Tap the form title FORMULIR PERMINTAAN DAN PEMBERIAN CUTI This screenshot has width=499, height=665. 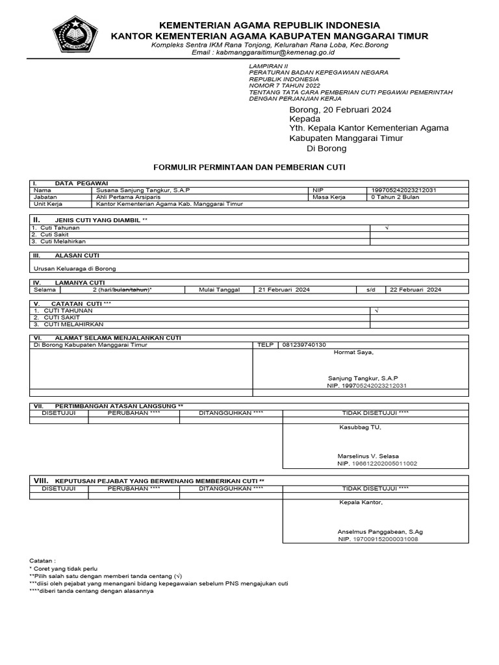pos(249,167)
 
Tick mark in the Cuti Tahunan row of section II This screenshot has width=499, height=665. pos(387,228)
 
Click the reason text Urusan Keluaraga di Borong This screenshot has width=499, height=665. pos(75,268)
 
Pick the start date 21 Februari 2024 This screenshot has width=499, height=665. pos(284,290)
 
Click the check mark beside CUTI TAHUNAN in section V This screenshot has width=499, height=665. pos(376,311)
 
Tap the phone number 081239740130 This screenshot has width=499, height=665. pos(304,345)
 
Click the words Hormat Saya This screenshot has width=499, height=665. pos(353,353)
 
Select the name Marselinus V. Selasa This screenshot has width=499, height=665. pos(368,457)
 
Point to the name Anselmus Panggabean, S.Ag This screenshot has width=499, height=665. pos(380,531)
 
